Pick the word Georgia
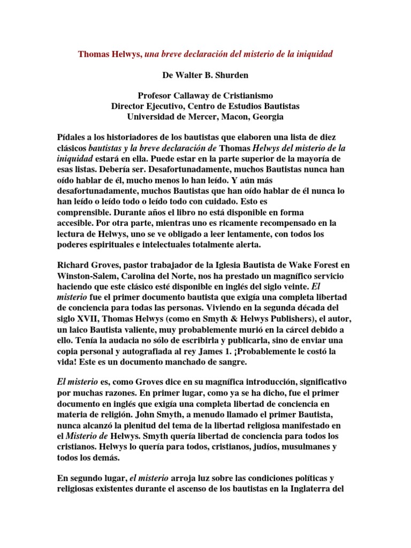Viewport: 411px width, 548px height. click(x=265, y=117)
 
